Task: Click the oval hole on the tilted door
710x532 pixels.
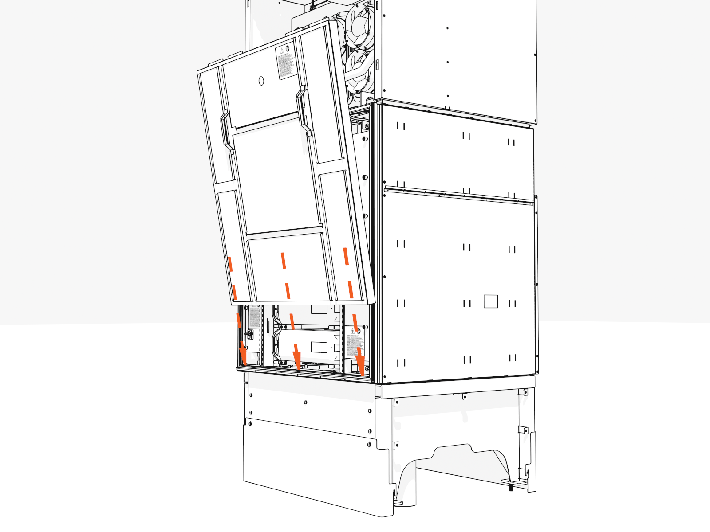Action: tap(261, 81)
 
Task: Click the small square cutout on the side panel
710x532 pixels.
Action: tap(491, 301)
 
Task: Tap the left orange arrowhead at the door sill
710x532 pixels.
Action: tap(243, 356)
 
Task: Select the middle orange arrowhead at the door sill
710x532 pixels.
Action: tap(297, 360)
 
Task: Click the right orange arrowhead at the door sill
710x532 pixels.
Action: tap(360, 365)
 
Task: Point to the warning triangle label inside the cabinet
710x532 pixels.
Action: tap(353, 331)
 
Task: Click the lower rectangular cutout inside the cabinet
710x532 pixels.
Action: tap(319, 347)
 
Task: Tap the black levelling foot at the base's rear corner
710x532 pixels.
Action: tap(511, 488)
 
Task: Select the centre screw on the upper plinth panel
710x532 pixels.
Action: tap(305, 403)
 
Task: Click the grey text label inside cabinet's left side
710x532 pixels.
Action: tap(254, 317)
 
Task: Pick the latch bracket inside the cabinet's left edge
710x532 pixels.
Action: tap(250, 335)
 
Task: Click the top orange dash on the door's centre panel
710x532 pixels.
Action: tap(283, 260)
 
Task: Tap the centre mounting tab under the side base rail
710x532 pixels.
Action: tap(464, 396)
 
